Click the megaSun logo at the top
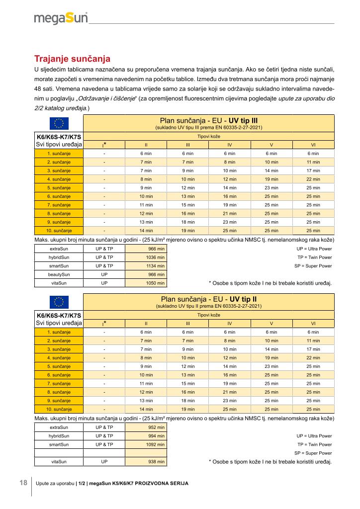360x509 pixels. click(61, 18)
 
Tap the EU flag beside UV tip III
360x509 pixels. click(59, 123)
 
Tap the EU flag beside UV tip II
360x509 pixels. click(59, 302)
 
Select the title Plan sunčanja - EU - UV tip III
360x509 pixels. click(208, 120)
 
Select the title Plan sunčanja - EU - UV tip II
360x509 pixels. click(208, 299)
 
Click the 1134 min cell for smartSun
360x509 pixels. click(146, 266)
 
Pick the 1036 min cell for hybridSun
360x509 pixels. click(146, 257)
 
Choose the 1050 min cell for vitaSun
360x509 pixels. click(146, 283)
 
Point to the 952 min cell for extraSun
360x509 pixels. click(146, 427)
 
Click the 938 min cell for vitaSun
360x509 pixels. click(146, 462)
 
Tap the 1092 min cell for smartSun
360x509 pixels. click(146, 444)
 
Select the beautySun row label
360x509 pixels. click(59, 274)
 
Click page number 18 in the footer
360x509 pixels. click(23, 483)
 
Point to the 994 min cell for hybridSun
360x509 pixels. click(146, 435)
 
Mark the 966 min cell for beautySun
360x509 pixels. click(146, 274)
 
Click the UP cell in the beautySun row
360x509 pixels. click(104, 274)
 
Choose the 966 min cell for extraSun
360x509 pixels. click(146, 248)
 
